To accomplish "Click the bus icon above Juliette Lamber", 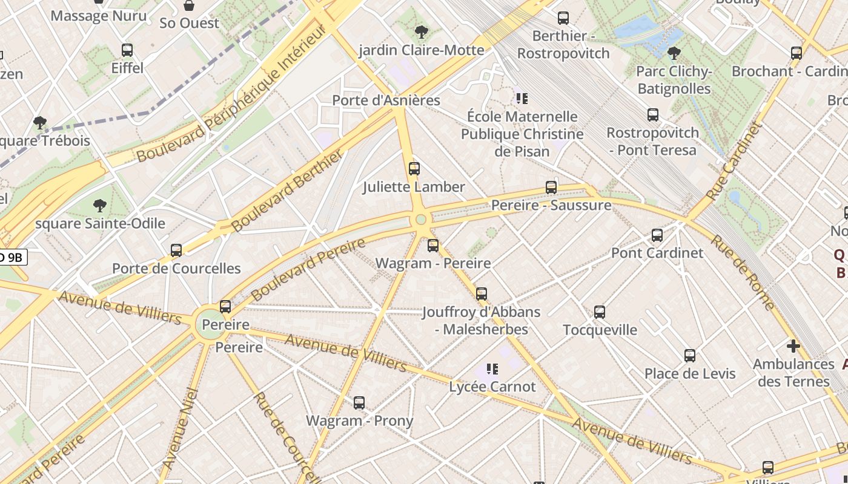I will [414, 169].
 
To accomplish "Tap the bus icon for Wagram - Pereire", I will [433, 246].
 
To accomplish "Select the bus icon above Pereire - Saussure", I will [551, 188].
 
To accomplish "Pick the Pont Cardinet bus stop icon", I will [657, 235].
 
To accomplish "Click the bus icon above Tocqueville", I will [600, 312].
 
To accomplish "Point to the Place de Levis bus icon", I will [690, 356].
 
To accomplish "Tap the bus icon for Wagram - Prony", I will [359, 403].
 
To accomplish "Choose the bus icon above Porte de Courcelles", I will [176, 250].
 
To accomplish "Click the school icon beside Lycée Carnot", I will [492, 368].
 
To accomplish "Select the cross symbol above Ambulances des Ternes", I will [793, 347].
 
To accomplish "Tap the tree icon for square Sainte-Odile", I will [100, 206].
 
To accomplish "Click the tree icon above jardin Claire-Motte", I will [422, 32].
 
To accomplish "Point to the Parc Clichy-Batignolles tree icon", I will [674, 53].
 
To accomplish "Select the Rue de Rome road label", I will [743, 272].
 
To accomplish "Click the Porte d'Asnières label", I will [386, 100].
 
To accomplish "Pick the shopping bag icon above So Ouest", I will [189, 6].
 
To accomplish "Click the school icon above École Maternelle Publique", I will [522, 98].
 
